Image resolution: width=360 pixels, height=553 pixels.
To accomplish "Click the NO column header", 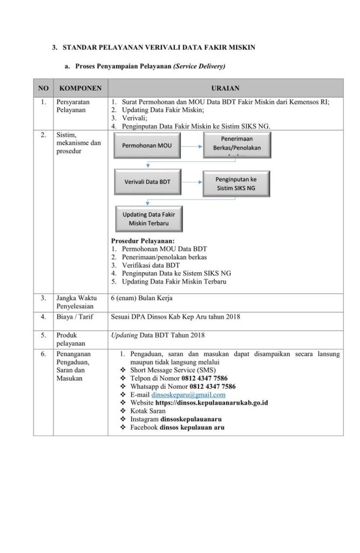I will [x=43, y=88].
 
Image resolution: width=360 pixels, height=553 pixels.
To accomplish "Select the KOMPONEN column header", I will [x=80, y=88].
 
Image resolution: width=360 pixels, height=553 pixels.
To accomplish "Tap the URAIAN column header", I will [x=225, y=88].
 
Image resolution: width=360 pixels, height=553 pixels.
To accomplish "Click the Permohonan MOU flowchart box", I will [x=146, y=145].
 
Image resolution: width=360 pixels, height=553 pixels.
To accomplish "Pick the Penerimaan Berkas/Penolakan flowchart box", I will [x=236, y=145].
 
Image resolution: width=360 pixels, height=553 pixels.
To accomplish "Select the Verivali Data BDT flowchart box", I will [x=147, y=181].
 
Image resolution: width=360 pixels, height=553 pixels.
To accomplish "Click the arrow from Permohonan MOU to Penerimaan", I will [x=192, y=145].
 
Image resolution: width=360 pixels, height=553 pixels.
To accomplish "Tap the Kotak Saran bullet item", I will [x=148, y=411].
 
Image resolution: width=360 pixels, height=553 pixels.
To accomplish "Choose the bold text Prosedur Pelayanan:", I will [x=142, y=241].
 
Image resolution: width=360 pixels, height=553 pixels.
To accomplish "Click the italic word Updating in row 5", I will [x=124, y=335].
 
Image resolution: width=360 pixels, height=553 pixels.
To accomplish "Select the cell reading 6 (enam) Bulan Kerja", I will [x=141, y=298].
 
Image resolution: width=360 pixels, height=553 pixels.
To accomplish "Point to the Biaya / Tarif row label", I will [x=74, y=316].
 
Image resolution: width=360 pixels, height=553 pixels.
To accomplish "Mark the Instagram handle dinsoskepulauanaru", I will [x=191, y=419].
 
